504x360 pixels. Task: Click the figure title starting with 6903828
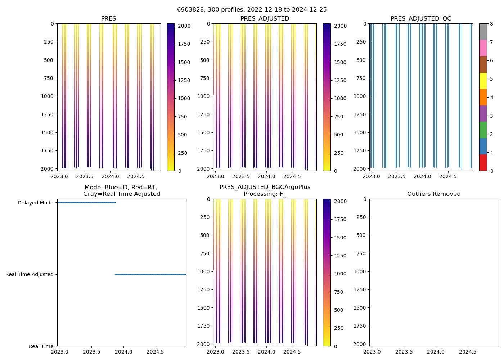pyautogui.click(x=252, y=10)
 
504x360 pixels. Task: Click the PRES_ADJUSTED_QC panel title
pyautogui.click(x=421, y=19)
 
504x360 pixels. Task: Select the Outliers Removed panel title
pyautogui.click(x=434, y=194)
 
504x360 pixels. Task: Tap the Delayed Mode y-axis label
pyautogui.click(x=35, y=203)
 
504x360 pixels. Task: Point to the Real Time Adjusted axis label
pyautogui.click(x=30, y=274)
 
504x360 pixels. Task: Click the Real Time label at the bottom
pyautogui.click(x=41, y=346)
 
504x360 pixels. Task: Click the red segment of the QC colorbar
pyautogui.click(x=483, y=163)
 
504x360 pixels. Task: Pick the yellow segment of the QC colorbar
pyautogui.click(x=483, y=81)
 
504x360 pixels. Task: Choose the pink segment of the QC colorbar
pyautogui.click(x=483, y=48)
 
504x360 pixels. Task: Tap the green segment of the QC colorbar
pyautogui.click(x=483, y=130)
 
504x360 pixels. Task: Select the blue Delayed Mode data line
pyautogui.click(x=86, y=202)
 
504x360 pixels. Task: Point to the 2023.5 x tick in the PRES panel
pyautogui.click(x=85, y=177)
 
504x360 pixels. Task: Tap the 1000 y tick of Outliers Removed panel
pyautogui.click(x=360, y=271)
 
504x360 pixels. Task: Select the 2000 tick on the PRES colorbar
pyautogui.click(x=185, y=26)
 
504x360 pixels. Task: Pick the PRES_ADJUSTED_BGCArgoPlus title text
pyautogui.click(x=265, y=187)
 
